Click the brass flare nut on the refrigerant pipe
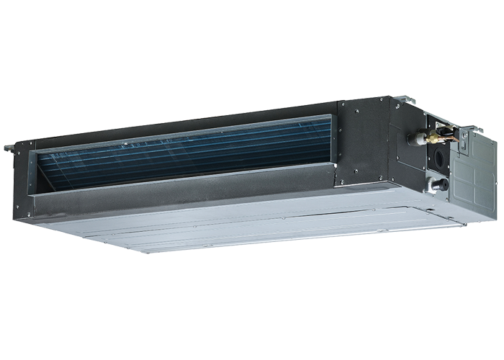433,136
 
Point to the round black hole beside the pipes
437,157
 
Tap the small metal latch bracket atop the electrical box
464,132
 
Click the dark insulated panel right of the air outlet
364,140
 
